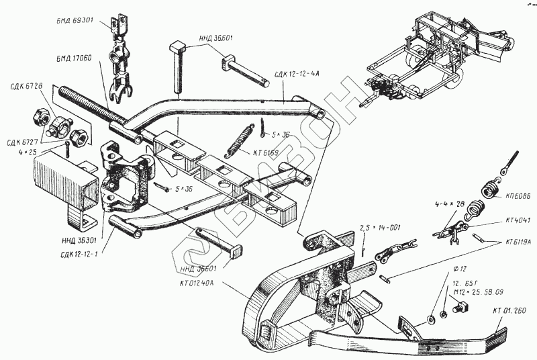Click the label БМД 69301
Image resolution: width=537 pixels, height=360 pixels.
point(77,21)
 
